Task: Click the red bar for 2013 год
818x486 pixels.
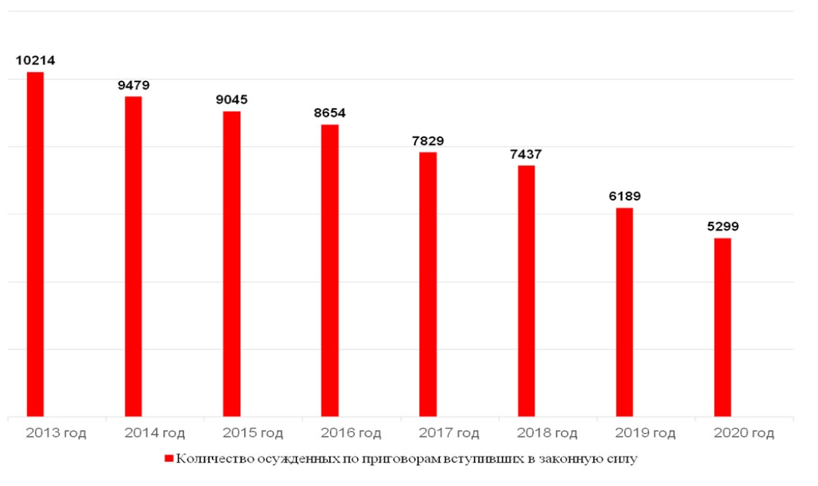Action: (35, 243)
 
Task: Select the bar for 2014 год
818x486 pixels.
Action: (133, 256)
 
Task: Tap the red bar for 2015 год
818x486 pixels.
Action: (231, 263)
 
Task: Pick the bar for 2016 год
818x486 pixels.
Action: (329, 270)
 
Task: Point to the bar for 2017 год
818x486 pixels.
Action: (428, 283)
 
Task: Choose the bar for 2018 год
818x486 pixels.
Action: (526, 291)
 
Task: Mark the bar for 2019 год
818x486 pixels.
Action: (624, 311)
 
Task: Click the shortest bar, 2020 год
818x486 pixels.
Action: (723, 326)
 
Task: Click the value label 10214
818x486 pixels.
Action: (35, 61)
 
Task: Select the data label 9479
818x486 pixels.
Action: (134, 85)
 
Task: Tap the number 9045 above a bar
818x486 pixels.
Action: (232, 99)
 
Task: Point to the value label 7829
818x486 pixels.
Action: (428, 141)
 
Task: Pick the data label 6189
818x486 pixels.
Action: (625, 196)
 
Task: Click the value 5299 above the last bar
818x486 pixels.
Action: (723, 226)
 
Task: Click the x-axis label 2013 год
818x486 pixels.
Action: (56, 434)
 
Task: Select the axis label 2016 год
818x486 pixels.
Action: (351, 434)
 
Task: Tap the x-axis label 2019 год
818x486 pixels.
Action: (646, 434)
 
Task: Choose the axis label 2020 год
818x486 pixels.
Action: (744, 434)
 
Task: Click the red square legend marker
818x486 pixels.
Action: (169, 459)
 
